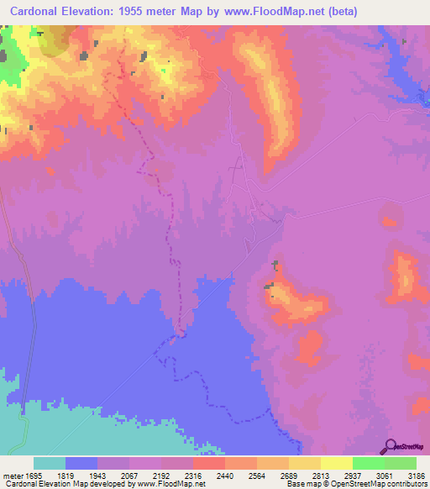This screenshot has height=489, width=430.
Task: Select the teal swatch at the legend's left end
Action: tap(50, 463)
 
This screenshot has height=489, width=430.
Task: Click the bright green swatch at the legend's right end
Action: tap(401, 463)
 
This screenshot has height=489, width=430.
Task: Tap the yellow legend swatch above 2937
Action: tap(337, 463)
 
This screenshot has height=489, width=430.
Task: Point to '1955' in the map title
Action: tap(146, 12)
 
